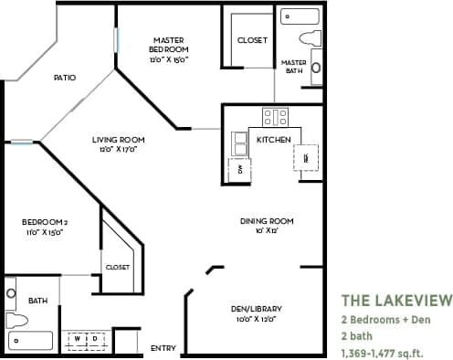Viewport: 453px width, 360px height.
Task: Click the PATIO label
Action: click(x=64, y=78)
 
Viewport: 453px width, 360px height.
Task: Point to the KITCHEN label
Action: click(x=273, y=139)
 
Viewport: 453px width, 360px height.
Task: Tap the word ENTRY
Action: click(x=163, y=347)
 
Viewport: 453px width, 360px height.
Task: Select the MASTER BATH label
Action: click(x=292, y=66)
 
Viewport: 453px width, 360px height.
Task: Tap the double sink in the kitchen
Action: click(x=240, y=143)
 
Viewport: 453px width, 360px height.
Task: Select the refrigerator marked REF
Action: click(x=305, y=157)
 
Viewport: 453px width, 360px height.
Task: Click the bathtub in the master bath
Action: click(x=300, y=16)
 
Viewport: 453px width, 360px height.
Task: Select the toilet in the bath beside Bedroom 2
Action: click(x=16, y=321)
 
